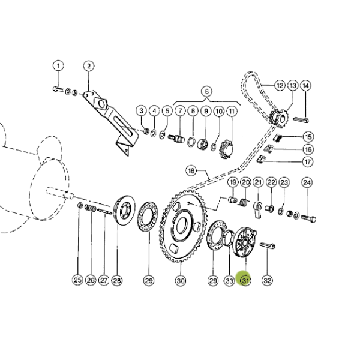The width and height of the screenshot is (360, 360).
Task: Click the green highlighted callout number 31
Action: pos(245,280)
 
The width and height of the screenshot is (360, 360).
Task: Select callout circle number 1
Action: pos(58,66)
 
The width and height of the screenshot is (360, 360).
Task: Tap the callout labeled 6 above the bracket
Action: pos(206,91)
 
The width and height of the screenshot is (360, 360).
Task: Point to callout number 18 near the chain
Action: pos(191,170)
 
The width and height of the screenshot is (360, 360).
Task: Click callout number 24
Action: pos(307,183)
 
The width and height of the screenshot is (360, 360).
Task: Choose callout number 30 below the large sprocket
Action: pos(181,280)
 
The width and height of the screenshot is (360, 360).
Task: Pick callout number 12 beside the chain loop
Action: pos(280,86)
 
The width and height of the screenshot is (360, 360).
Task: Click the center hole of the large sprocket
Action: pos(182,226)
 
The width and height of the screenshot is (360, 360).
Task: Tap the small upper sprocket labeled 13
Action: pos(278,118)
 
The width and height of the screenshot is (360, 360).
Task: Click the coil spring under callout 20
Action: pos(244,203)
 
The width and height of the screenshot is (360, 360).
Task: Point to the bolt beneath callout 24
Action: pos(308,218)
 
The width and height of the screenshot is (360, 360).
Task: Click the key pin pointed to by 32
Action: pos(268,245)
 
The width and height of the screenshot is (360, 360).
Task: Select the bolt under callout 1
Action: pos(58,89)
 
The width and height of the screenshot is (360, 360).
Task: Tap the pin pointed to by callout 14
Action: pos(301,119)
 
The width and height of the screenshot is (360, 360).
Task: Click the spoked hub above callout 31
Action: pos(244,243)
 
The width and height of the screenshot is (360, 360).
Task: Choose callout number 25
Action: pos(77,280)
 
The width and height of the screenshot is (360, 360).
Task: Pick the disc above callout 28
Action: pos(124,210)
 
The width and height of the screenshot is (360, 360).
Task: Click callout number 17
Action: pos(307,162)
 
